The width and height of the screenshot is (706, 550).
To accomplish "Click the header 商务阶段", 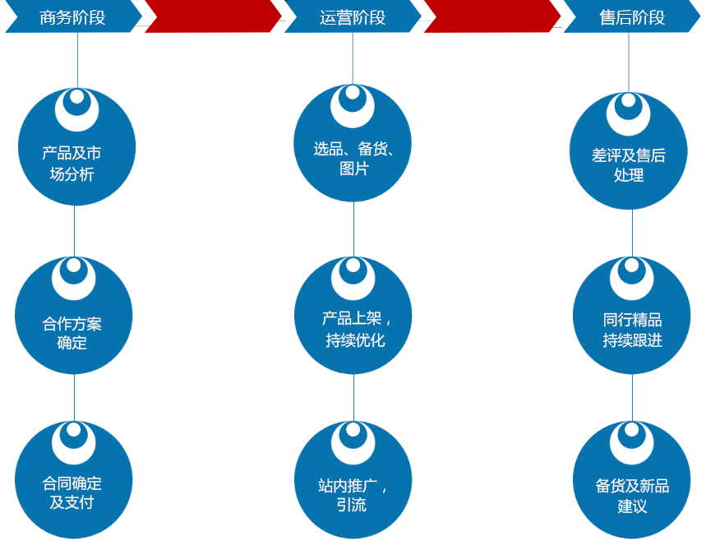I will coord(72,17).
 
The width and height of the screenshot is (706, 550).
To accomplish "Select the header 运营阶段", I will coord(353,17).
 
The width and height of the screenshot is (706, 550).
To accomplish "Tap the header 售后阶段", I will coord(632,17).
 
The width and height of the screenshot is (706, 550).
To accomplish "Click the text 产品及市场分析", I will coord(72,164).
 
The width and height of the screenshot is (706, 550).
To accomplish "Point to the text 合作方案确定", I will coord(72,333).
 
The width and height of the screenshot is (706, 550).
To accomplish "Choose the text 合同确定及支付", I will coord(72,492).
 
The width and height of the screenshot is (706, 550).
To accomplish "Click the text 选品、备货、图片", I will coord(354,159).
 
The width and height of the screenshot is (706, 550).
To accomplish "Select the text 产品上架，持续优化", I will coord(356,329).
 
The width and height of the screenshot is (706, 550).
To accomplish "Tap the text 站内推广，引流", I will coord(353,495).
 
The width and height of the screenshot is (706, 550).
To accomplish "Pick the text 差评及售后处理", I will coord(629,164).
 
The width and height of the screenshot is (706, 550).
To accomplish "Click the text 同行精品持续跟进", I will coord(632,330).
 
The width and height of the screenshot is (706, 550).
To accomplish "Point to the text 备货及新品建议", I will coord(632,496).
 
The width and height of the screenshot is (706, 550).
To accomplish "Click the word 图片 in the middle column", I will coord(354,169).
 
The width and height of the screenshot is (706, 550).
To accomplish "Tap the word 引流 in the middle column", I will coord(352,506).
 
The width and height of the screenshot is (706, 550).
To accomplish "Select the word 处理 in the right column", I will coord(629,175).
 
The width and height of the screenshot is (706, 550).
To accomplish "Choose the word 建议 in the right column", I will coord(632,506).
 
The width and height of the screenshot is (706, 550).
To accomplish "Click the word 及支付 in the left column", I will coord(72,502).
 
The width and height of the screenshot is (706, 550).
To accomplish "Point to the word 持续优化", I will coord(355,340).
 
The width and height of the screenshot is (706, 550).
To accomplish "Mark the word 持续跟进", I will coord(632,340).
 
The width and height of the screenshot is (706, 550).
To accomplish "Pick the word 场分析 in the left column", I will coord(72,174).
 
